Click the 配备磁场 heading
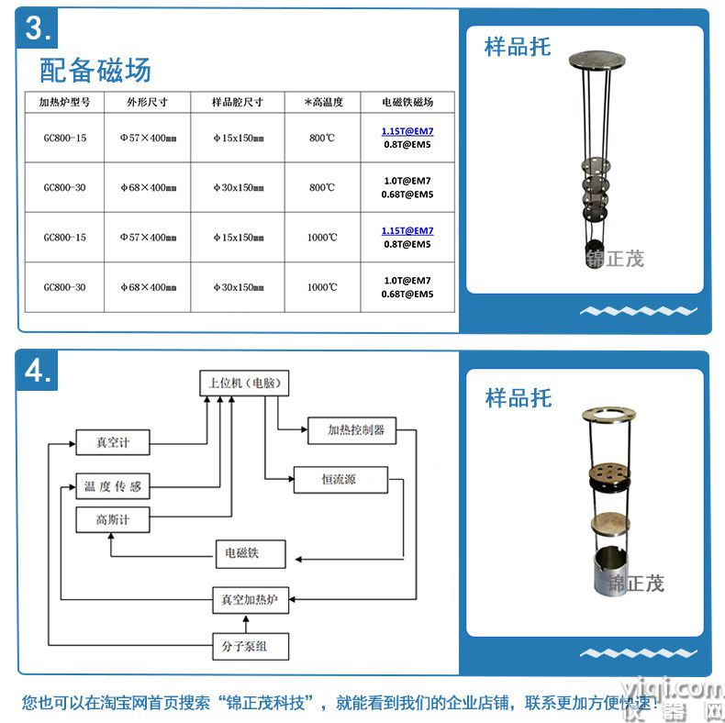point(95,70)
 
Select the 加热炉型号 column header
point(64,102)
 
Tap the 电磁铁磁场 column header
point(407,102)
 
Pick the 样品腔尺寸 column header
point(237,102)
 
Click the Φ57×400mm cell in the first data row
point(148,138)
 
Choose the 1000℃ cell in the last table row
point(322,287)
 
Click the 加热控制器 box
point(356,429)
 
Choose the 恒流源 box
point(340,479)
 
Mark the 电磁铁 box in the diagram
point(241,553)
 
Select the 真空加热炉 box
point(251,601)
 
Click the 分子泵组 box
point(251,646)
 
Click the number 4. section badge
point(38,371)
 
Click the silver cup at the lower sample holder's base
point(605,569)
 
